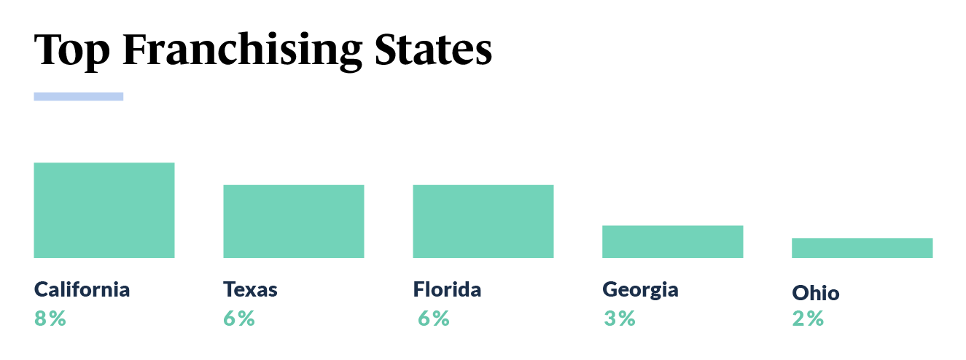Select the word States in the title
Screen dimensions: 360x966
coord(433,50)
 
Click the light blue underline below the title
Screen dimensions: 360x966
coord(79,96)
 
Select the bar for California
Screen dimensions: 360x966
coord(104,210)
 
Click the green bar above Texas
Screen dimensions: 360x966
coord(293,221)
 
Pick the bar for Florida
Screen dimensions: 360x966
coord(483,221)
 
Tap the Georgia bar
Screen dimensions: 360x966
coord(672,241)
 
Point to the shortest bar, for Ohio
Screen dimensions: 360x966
coord(862,248)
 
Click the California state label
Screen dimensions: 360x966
coord(82,289)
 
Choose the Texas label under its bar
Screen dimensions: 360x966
coord(250,289)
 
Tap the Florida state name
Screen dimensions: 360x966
coord(447,289)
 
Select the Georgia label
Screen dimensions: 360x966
coord(640,290)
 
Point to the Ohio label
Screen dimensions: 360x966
coord(815,294)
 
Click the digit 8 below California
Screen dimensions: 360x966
coord(40,318)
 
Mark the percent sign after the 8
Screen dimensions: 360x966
coord(57,318)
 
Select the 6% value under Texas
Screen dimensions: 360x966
coord(239,318)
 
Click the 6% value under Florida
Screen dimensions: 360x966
coord(433,318)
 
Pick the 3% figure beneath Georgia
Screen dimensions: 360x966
coord(619,318)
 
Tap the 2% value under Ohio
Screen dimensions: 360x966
coord(808,318)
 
